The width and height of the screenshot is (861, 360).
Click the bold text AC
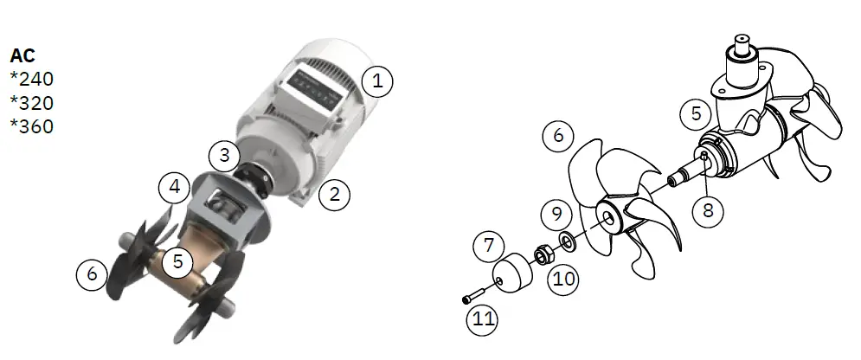tap(22, 55)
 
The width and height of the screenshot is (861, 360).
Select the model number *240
tap(32, 80)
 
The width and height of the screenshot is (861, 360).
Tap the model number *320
tap(32, 103)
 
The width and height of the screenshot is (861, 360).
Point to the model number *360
tap(32, 126)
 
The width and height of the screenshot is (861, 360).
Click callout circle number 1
tap(376, 82)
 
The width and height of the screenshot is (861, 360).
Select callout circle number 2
tap(335, 195)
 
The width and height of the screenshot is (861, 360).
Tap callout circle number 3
tap(225, 156)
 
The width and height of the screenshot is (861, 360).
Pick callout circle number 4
tap(175, 185)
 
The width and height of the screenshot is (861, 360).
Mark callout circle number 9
tap(558, 214)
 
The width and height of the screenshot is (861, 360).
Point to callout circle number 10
tap(562, 279)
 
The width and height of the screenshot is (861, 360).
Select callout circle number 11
tap(483, 321)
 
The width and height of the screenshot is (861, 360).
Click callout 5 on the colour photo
tap(178, 261)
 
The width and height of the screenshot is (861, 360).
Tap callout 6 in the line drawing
tap(558, 137)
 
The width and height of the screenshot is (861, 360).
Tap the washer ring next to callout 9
tap(567, 240)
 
